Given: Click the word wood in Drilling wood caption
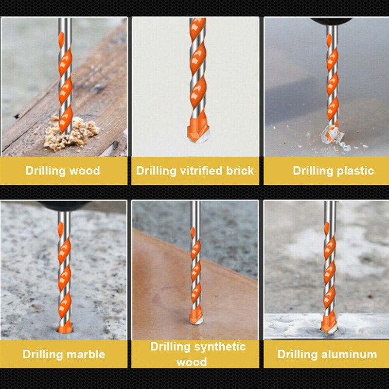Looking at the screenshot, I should (x=85, y=171).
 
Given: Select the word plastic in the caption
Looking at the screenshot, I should (x=354, y=171).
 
